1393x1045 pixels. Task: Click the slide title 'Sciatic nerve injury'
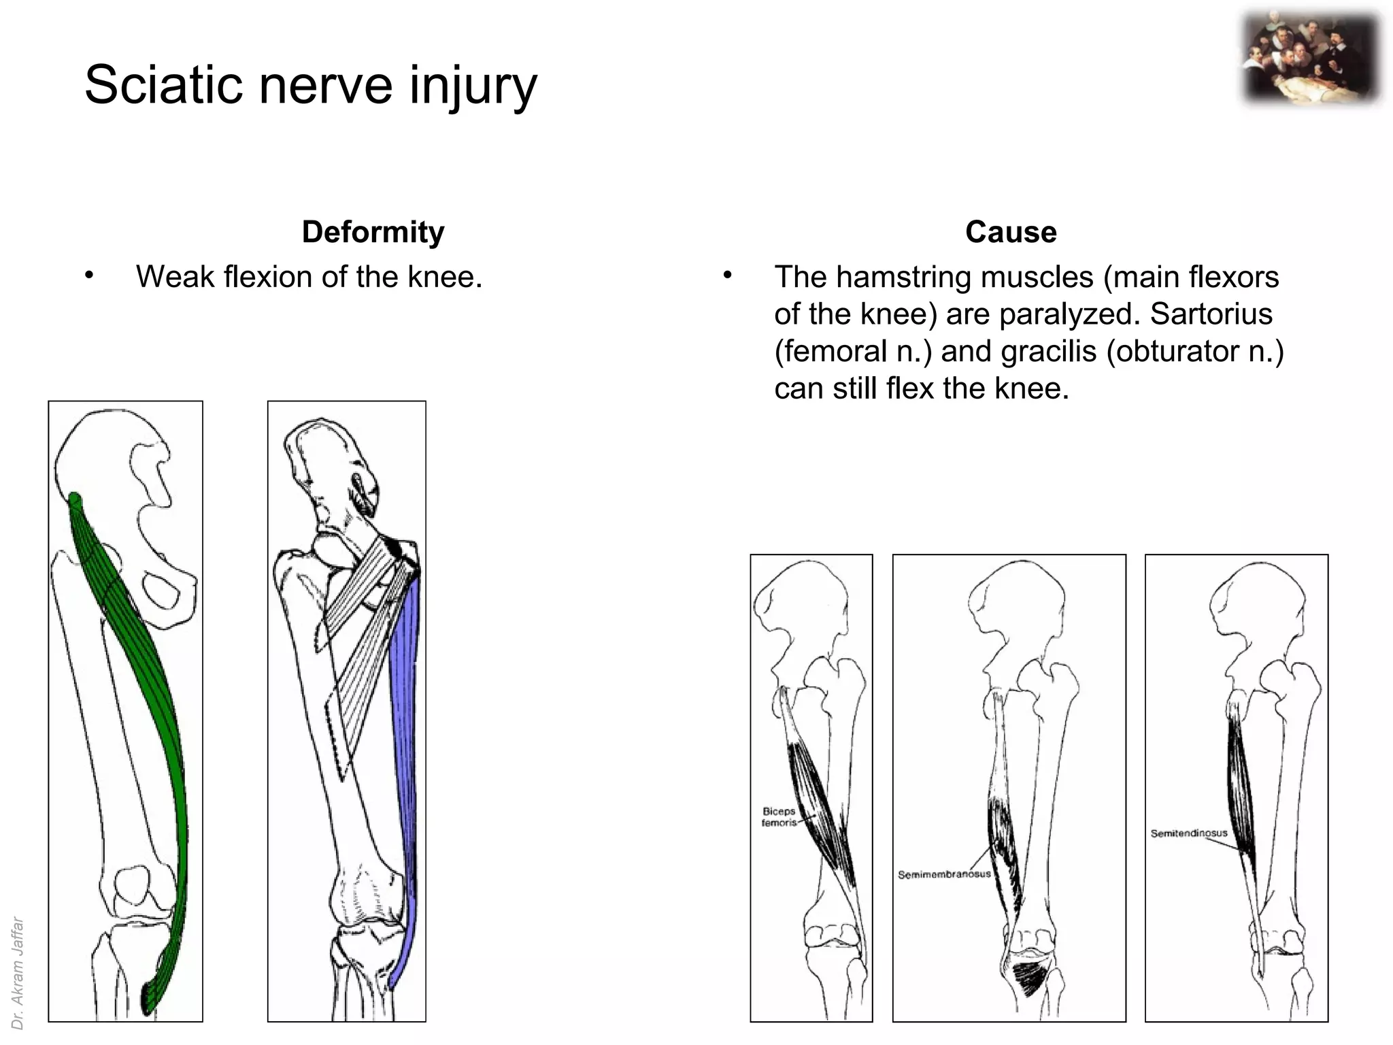pos(310,85)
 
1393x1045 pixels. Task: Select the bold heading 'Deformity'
pos(373,232)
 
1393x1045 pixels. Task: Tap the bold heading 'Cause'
pos(1011,232)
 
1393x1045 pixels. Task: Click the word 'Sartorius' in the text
pos(1211,314)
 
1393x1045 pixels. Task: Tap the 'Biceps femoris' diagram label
pos(779,817)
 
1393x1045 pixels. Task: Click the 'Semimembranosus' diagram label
pos(944,874)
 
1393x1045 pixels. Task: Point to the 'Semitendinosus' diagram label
pos(1189,833)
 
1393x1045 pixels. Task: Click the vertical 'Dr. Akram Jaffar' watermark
pos(18,973)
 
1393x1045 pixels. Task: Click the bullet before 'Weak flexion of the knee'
pos(89,276)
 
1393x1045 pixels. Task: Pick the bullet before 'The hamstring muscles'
pos(727,276)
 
